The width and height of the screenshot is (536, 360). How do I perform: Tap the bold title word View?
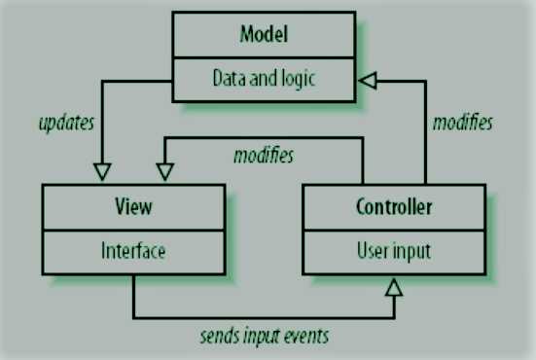pos(133,207)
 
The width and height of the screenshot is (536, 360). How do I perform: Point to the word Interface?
pos(133,250)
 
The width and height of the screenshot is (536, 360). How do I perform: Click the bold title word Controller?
pos(393,207)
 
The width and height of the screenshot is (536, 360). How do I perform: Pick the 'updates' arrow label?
pos(65,125)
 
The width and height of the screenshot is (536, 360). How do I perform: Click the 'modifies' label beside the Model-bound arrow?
pos(461,124)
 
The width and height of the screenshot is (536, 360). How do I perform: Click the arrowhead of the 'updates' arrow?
pos(100,172)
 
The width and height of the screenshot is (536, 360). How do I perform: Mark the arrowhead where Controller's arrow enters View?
pos(164,172)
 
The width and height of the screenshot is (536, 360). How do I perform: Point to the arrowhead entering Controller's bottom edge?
pos(394,286)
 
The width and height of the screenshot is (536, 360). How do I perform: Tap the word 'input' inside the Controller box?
pos(411,250)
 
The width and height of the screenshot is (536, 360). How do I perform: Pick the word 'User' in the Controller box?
pos(372,250)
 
